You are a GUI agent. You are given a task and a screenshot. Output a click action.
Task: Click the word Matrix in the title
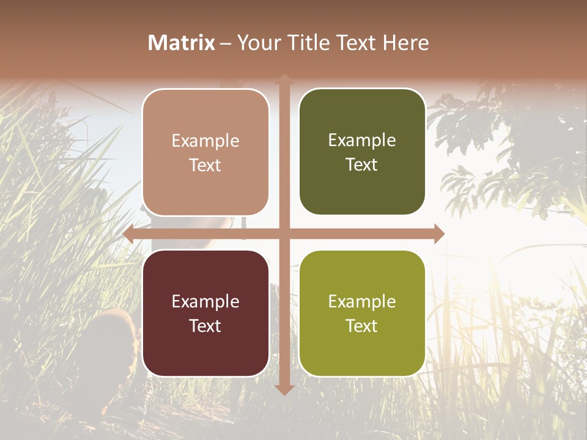182,43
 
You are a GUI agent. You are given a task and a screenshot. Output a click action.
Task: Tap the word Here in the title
406,43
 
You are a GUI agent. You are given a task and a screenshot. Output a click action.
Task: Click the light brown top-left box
205,152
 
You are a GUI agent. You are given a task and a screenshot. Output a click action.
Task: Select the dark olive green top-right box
362,152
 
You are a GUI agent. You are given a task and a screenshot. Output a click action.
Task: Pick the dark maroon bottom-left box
205,313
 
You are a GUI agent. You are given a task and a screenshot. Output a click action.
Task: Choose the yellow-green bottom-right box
362,313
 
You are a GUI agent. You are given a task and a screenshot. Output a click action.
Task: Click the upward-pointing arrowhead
284,78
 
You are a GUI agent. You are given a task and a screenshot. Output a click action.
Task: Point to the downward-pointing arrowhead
284,389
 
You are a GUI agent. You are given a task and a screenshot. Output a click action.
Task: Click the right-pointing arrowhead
438,234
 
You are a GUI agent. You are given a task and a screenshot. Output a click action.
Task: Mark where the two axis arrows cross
284,234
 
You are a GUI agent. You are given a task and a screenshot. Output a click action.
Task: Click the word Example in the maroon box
205,301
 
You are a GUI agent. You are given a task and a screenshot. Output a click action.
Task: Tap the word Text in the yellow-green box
362,326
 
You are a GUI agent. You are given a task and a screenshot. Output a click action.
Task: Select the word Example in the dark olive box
362,140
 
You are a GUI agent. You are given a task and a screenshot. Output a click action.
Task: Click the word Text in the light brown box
205,165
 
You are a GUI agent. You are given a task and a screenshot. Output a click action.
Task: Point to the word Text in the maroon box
205,326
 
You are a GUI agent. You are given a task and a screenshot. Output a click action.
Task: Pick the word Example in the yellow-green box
362,301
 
